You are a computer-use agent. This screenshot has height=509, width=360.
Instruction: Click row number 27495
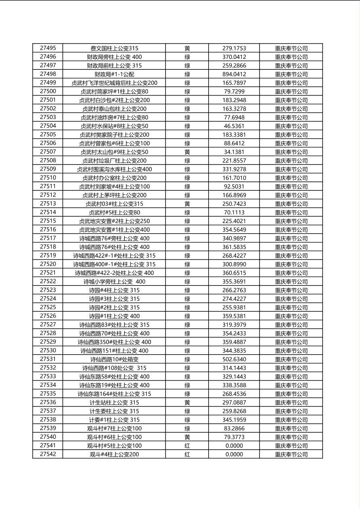click(x=48, y=48)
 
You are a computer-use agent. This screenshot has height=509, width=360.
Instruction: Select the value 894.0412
click(x=234, y=74)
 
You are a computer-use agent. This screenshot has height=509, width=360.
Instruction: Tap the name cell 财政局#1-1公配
click(x=114, y=74)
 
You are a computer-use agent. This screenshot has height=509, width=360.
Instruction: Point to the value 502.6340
click(x=234, y=359)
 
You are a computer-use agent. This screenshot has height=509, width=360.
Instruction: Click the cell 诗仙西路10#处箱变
click(x=114, y=359)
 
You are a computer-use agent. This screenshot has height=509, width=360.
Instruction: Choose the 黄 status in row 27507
click(x=187, y=152)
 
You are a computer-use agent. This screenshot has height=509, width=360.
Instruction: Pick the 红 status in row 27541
click(x=187, y=446)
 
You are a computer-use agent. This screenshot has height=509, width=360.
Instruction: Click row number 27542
click(x=48, y=454)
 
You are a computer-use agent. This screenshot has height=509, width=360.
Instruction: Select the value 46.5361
click(x=234, y=126)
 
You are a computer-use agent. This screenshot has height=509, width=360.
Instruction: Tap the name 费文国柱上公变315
click(x=114, y=48)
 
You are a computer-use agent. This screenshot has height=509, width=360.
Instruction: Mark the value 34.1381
click(x=234, y=152)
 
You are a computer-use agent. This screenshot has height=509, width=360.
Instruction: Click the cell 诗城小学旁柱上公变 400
click(x=114, y=282)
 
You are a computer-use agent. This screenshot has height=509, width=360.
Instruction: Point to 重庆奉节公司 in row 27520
click(x=291, y=264)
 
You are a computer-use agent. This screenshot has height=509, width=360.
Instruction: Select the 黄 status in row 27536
click(x=187, y=403)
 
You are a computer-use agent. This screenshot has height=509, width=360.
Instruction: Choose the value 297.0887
click(x=234, y=403)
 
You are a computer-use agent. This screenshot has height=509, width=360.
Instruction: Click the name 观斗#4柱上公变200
click(x=114, y=455)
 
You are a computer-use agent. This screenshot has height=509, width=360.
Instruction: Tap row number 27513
click(x=48, y=204)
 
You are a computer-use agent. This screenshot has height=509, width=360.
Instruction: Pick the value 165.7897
click(x=234, y=83)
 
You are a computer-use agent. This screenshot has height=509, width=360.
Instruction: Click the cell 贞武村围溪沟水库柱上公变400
click(x=114, y=169)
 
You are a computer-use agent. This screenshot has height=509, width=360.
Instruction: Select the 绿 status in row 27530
click(x=187, y=351)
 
